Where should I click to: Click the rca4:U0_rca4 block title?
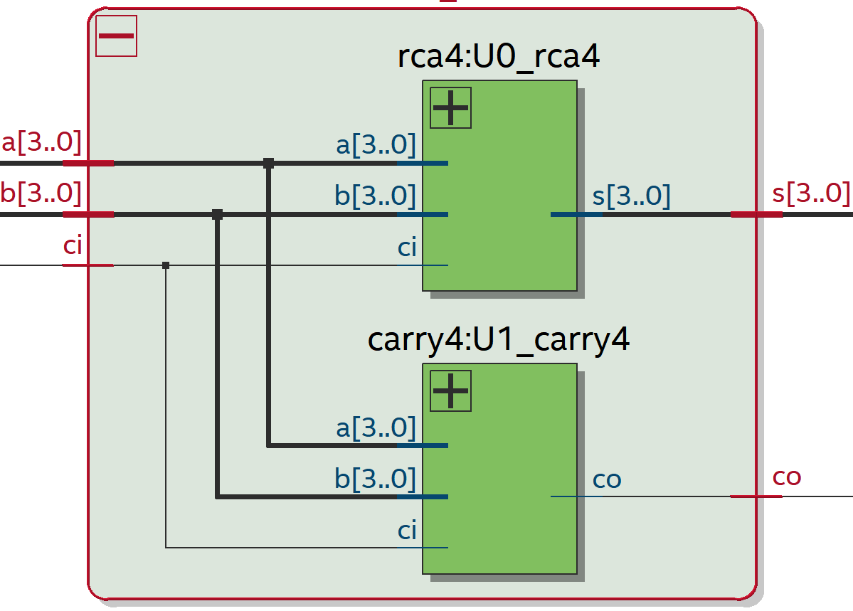(x=499, y=58)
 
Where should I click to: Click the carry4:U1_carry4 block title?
(x=499, y=340)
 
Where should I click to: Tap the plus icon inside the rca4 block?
(x=450, y=108)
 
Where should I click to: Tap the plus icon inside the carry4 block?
(x=450, y=390)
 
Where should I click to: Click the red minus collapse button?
(x=116, y=36)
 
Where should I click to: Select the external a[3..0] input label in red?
(x=41, y=143)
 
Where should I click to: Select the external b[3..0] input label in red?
(x=41, y=193)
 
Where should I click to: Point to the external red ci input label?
(x=73, y=246)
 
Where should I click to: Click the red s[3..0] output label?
(x=811, y=193)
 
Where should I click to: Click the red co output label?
(x=787, y=477)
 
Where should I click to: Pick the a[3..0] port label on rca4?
(x=376, y=145)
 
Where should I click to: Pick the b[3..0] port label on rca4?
(x=376, y=196)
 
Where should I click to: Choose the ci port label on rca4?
(x=407, y=248)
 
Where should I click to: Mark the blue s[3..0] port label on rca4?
(x=631, y=196)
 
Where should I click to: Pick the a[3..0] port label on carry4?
(x=376, y=428)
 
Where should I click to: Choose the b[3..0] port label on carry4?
(x=376, y=479)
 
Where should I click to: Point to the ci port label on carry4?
(x=407, y=531)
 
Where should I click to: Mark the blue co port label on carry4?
(x=607, y=479)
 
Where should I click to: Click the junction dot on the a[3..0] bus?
(x=268, y=163)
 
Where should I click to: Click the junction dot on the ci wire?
(x=166, y=265)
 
